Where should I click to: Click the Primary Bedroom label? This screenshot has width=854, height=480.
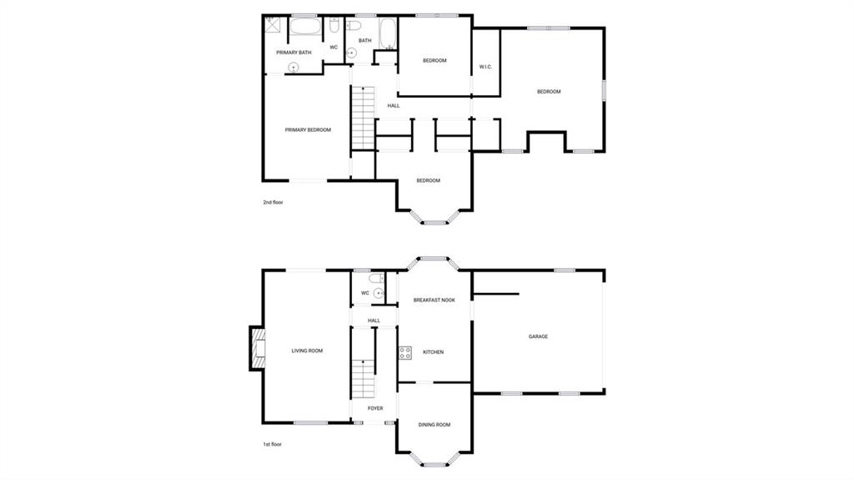click(x=308, y=130)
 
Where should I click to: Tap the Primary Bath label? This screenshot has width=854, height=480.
click(x=294, y=53)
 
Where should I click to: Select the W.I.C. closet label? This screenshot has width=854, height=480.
click(x=485, y=67)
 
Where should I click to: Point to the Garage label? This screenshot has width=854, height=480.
click(x=538, y=336)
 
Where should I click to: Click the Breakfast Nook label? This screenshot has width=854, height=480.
click(x=434, y=300)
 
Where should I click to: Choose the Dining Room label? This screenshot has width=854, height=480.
click(x=434, y=424)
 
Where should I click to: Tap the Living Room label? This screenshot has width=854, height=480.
click(x=307, y=351)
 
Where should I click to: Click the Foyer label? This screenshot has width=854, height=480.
click(x=375, y=408)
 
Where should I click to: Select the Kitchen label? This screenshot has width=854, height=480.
click(x=433, y=351)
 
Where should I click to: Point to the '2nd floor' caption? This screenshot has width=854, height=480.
click(x=273, y=202)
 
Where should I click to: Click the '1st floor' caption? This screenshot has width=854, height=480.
click(x=273, y=444)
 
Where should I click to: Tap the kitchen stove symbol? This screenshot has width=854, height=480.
click(x=404, y=352)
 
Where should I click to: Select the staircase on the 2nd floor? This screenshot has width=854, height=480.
click(x=364, y=117)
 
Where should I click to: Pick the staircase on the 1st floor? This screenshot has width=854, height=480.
click(x=364, y=378)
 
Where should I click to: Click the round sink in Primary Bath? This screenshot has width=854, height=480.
click(x=294, y=68)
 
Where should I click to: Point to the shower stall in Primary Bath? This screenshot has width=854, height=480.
click(x=272, y=24)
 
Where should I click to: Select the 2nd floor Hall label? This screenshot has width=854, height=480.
click(x=394, y=106)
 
